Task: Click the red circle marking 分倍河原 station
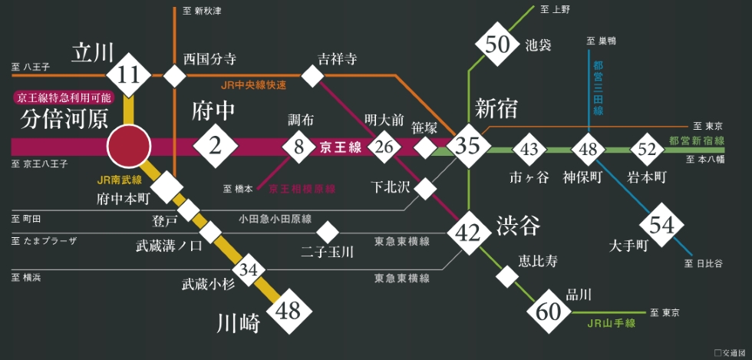pos(129,147)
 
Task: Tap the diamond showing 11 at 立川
pos(129,75)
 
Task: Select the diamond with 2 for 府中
pos(216,146)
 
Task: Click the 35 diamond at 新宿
pos(468,146)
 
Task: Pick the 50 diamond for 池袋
pos(497,45)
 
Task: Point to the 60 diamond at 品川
pos(549,312)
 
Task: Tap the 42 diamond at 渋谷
pos(469,233)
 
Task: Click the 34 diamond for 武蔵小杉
pos(249,269)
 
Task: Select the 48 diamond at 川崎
pos(289,312)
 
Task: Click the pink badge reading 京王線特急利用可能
pos(64,98)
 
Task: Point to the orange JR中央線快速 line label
pos(253,86)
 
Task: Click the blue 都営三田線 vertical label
pos(598,88)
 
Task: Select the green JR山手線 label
pos(611,324)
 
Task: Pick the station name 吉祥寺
pos(337,59)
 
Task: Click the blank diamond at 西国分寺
pos(174,75)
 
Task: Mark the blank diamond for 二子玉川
pos(328,233)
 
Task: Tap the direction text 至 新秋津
pos(202,11)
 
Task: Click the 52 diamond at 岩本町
pos(647,149)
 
